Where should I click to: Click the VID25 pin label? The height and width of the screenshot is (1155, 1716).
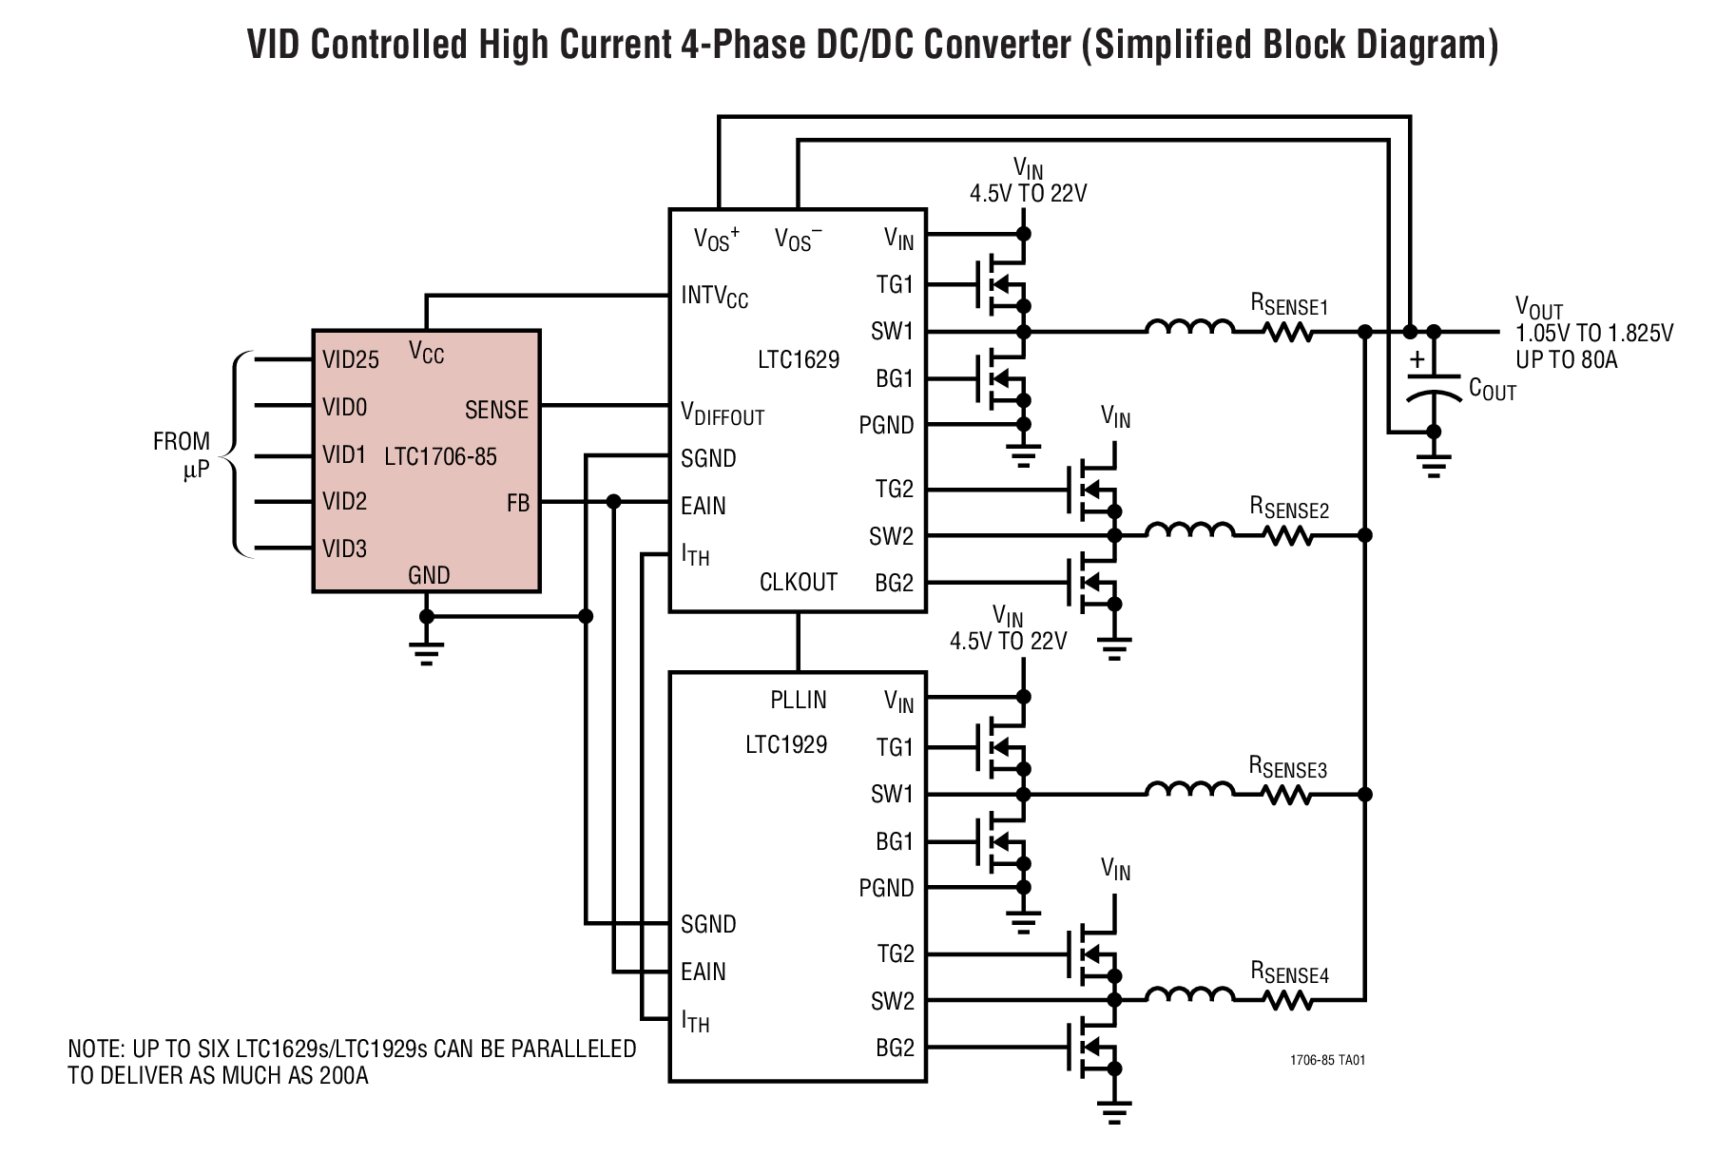(x=350, y=359)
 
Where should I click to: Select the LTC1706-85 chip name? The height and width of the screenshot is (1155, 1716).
(x=440, y=456)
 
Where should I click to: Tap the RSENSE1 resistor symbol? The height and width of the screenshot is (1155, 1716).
(x=1288, y=332)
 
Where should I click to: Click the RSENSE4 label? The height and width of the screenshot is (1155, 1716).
(x=1288, y=973)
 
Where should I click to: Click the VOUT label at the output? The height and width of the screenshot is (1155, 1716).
(x=1538, y=308)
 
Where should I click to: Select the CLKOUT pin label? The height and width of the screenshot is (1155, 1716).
(x=798, y=582)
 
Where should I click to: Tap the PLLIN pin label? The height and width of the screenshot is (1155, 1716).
(x=798, y=700)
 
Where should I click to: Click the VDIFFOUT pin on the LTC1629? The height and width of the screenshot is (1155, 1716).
(x=722, y=414)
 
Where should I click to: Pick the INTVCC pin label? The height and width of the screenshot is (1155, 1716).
(x=714, y=296)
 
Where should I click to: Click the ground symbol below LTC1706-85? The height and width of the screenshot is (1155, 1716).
(x=426, y=651)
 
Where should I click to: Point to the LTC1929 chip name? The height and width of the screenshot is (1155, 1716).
(x=785, y=744)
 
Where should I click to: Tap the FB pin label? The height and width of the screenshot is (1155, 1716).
(x=517, y=503)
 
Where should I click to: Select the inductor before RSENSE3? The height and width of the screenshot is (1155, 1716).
(x=1188, y=789)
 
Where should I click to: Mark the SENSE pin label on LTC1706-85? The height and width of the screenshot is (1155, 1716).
(x=496, y=410)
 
